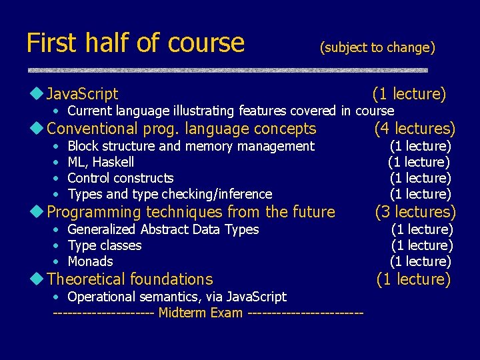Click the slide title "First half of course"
135,43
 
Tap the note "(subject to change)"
377,47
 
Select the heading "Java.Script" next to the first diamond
83,94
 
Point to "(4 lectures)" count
415,128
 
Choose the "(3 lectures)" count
415,212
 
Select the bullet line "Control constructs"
121,178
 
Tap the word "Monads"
90,261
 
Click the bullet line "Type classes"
105,245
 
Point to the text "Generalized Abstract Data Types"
163,229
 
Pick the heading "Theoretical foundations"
130,279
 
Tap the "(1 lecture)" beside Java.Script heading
409,94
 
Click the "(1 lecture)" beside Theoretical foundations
413,279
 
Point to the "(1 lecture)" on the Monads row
421,261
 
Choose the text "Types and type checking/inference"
170,194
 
